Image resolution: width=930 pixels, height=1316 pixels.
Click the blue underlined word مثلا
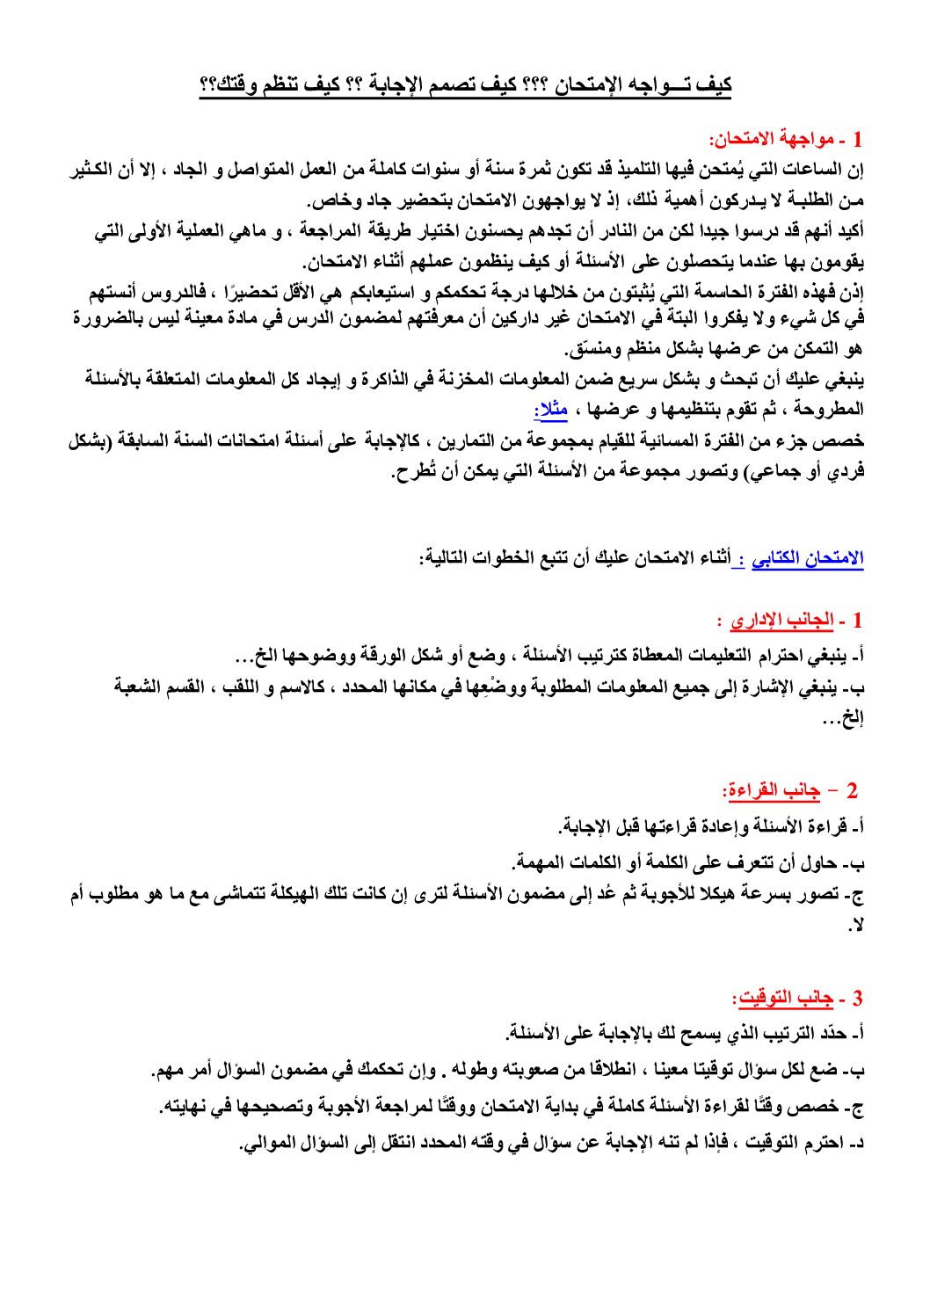(551, 409)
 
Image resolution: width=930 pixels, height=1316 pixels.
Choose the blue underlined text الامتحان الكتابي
(808, 558)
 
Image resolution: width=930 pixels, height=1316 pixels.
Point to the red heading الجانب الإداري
(781, 621)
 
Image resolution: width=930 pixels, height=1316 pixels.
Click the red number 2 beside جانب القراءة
(851, 791)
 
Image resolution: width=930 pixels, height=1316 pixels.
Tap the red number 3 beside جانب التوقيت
(857, 999)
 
